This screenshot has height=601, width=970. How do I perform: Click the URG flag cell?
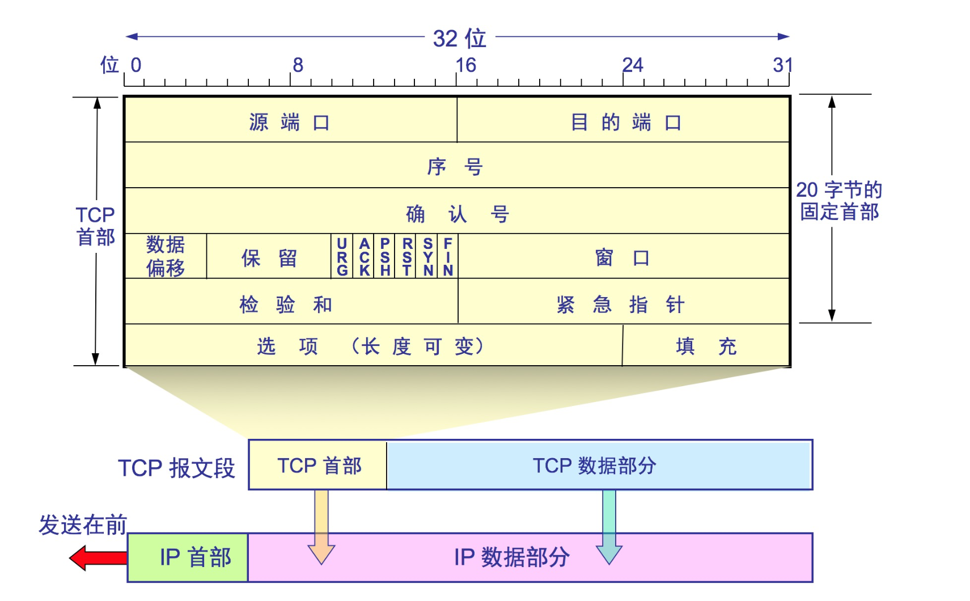(x=342, y=257)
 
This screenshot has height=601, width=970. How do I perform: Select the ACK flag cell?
(x=364, y=257)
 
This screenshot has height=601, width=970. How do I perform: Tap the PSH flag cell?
(x=385, y=257)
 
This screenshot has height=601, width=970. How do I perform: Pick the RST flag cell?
(x=406, y=257)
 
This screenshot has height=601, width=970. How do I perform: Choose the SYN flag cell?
(x=427, y=257)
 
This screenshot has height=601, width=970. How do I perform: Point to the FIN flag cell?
(x=448, y=257)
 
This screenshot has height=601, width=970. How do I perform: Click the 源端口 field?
(x=290, y=121)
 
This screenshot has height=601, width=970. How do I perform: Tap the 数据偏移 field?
(x=166, y=256)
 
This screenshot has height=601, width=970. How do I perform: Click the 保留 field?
(x=269, y=258)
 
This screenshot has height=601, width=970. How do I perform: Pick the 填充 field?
(x=706, y=346)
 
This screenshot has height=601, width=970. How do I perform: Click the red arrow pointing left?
(x=98, y=558)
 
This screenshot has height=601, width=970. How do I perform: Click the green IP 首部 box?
(x=188, y=557)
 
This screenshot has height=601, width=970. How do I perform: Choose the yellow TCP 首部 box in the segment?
(x=319, y=465)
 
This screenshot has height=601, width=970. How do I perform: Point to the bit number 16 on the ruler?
(x=466, y=65)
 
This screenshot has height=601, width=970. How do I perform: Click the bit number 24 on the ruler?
(x=633, y=65)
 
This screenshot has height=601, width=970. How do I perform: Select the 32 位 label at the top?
(x=459, y=39)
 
